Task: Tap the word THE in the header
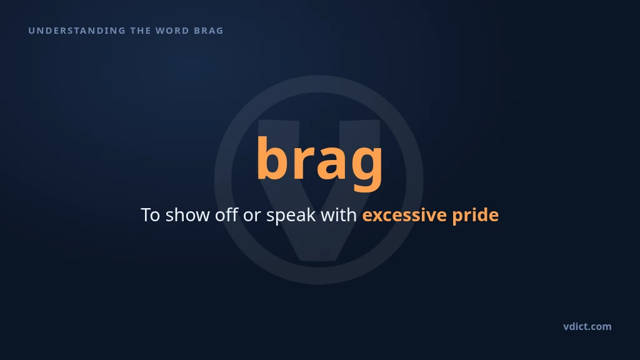click(x=140, y=31)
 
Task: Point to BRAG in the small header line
click(x=209, y=31)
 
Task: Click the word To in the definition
click(x=150, y=215)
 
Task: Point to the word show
click(x=187, y=215)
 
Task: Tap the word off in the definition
click(x=226, y=215)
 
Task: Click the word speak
click(x=291, y=216)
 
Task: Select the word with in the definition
click(x=339, y=215)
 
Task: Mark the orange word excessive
click(x=404, y=215)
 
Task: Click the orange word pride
click(x=475, y=216)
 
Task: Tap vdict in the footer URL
click(x=576, y=326)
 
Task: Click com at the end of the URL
click(x=601, y=327)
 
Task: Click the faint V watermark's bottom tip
click(x=319, y=259)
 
